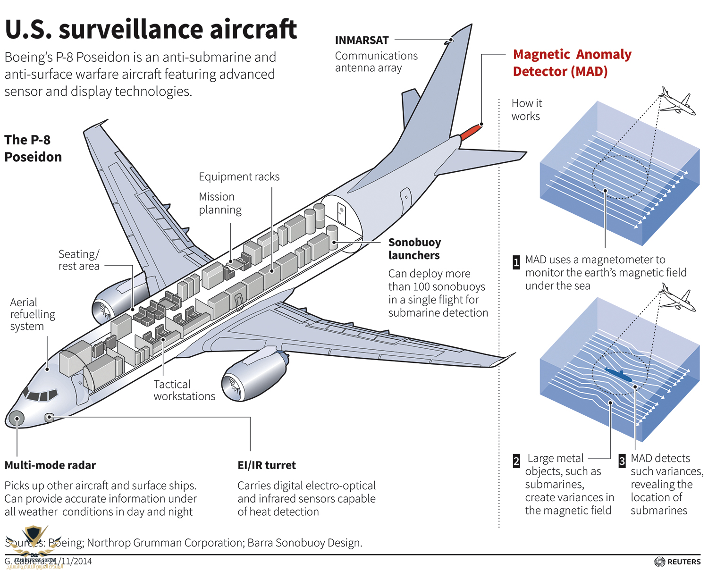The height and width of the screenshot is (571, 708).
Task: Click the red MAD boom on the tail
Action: tap(471, 132)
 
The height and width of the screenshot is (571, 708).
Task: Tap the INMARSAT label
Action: tap(362, 41)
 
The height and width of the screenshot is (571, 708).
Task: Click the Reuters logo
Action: tap(678, 562)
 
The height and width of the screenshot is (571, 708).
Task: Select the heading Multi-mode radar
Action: tap(50, 465)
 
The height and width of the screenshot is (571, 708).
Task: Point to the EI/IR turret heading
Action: tap(267, 465)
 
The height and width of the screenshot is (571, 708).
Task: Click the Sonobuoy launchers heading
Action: tap(414, 249)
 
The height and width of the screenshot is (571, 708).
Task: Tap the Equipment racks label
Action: tap(239, 177)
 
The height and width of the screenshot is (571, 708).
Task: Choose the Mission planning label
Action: tap(220, 203)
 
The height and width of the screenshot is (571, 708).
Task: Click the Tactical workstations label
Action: tap(184, 390)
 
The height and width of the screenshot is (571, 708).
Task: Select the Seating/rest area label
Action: tap(79, 260)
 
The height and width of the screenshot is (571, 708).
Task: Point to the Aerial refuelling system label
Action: tap(33, 314)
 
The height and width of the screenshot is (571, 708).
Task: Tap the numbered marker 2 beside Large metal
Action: tap(516, 461)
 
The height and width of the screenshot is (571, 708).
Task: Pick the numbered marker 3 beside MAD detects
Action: tap(622, 461)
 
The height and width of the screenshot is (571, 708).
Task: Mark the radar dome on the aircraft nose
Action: tap(16, 418)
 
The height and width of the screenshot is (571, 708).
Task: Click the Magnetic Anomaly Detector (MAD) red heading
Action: tap(572, 63)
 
